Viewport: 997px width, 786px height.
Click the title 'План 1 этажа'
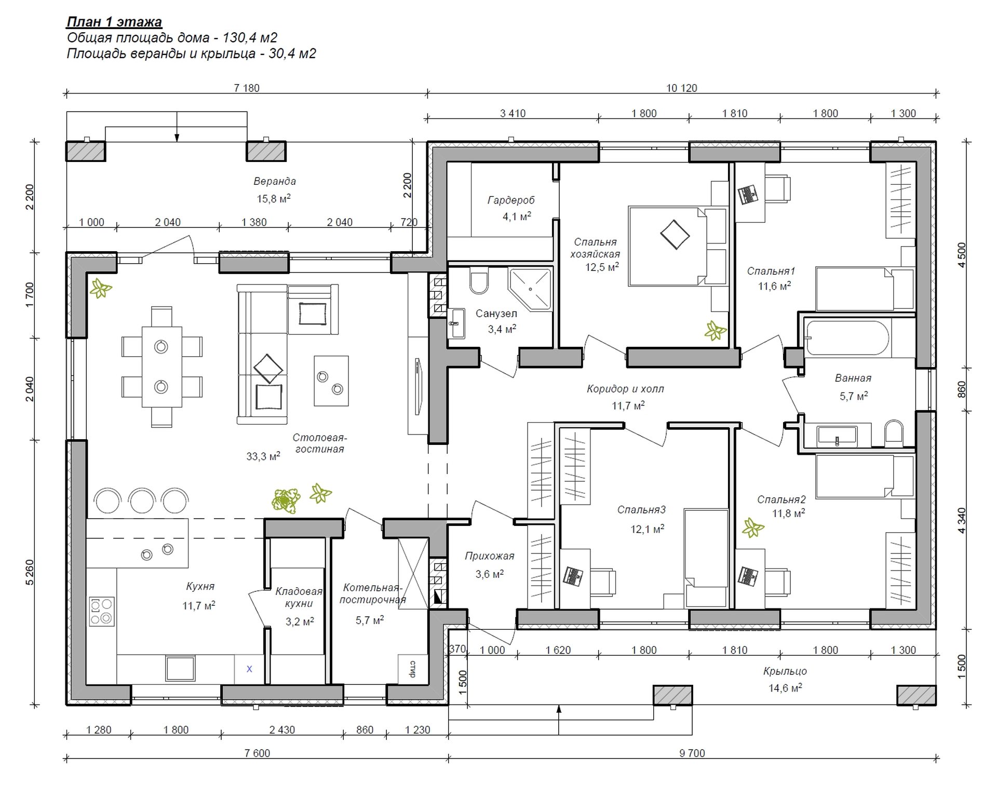114,22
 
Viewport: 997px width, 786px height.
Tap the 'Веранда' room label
275,181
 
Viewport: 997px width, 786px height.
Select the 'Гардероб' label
511,200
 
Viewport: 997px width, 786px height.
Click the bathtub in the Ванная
847,338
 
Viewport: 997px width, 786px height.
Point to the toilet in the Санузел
479,281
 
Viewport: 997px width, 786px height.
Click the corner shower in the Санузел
530,289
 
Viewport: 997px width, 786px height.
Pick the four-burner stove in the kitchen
101,612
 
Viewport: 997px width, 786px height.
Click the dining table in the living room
161,367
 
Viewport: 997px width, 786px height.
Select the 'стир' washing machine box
413,669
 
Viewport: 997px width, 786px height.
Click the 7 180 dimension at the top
247,88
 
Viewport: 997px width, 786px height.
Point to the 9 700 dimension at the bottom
692,753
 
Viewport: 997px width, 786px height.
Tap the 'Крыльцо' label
785,671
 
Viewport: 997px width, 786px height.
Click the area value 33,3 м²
263,456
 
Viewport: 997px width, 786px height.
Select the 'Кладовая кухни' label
299,597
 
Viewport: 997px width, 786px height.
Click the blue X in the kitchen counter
249,669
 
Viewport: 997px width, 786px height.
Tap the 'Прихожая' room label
489,556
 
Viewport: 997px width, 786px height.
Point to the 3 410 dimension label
513,113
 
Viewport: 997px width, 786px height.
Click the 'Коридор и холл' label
625,389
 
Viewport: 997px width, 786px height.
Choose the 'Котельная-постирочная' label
373,593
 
